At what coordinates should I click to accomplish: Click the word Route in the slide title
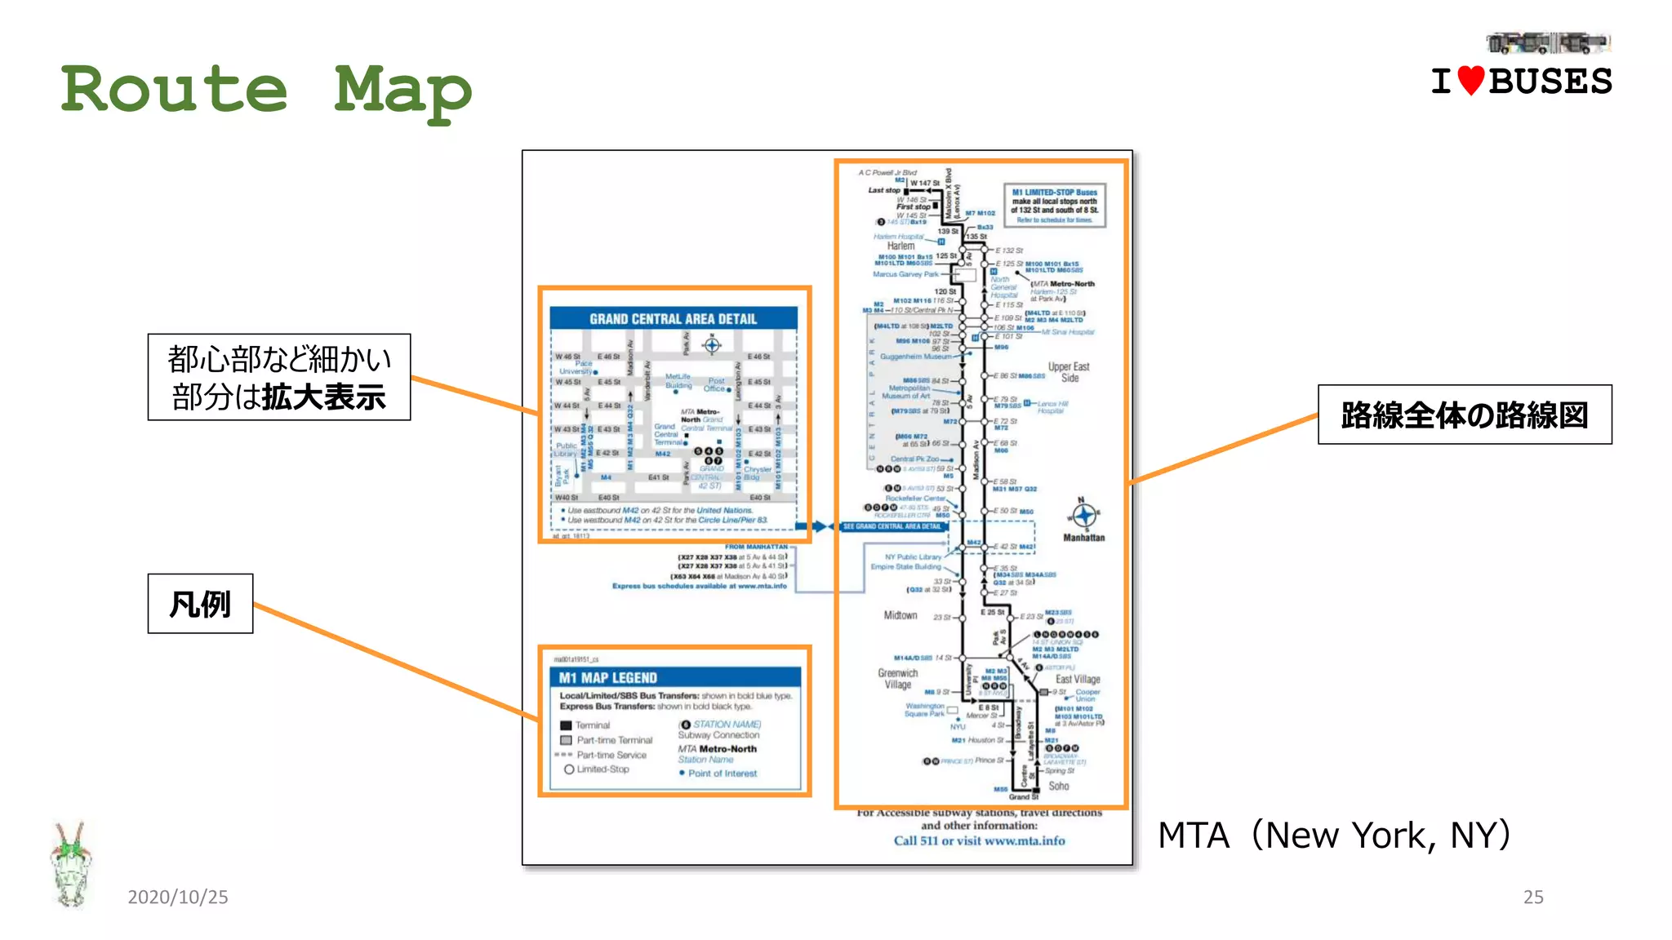pyautogui.click(x=174, y=89)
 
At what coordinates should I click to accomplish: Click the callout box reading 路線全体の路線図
pyautogui.click(x=1464, y=415)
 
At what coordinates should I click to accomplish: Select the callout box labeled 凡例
pyautogui.click(x=200, y=604)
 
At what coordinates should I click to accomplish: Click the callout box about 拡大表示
pyautogui.click(x=278, y=377)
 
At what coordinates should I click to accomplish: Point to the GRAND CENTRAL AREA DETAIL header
pyautogui.click(x=673, y=318)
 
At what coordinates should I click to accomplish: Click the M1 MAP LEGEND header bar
pyautogui.click(x=674, y=677)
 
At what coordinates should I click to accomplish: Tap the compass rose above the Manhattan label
pyautogui.click(x=1083, y=515)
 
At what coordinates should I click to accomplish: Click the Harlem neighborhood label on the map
pyautogui.click(x=900, y=246)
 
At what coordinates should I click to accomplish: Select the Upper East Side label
pyautogui.click(x=1069, y=372)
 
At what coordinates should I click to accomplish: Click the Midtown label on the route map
pyautogui.click(x=900, y=615)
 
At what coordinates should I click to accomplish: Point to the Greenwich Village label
pyautogui.click(x=897, y=679)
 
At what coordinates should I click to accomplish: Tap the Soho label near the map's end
pyautogui.click(x=1058, y=786)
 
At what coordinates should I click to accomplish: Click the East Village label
pyautogui.click(x=1078, y=679)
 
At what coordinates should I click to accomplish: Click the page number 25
pyautogui.click(x=1532, y=897)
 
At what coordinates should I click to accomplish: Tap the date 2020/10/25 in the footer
pyautogui.click(x=177, y=897)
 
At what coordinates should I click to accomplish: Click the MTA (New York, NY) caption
pyautogui.click(x=1334, y=835)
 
